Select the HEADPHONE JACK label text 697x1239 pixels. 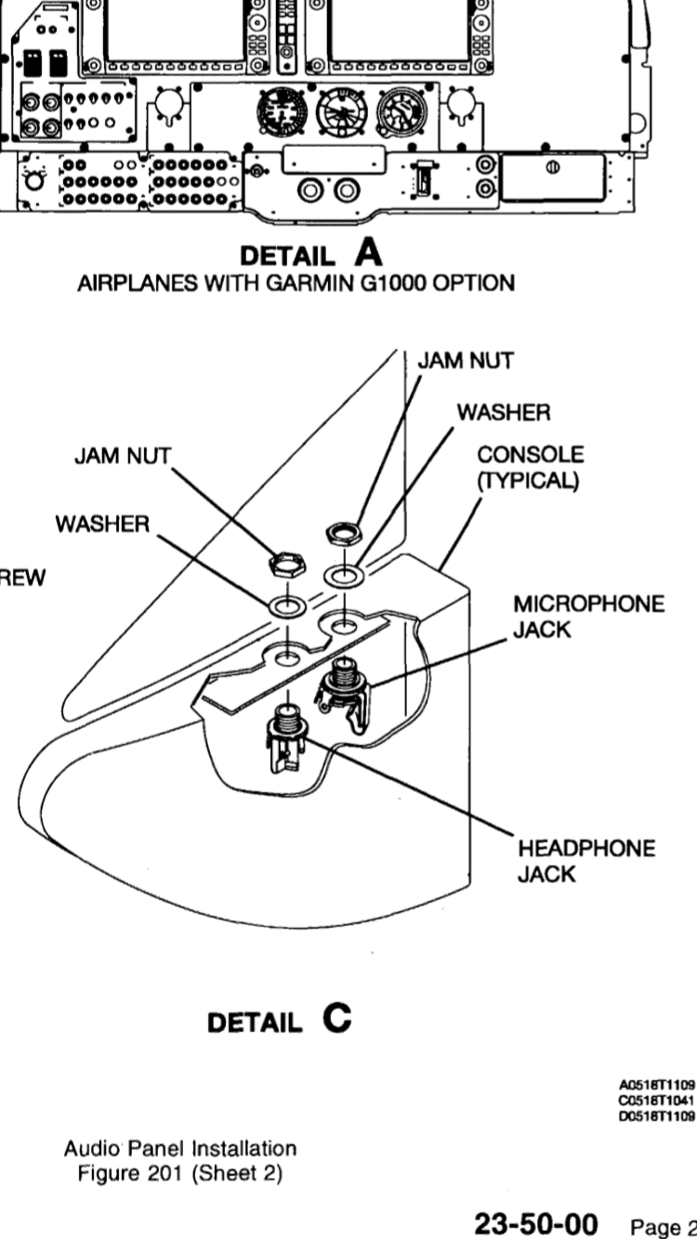[573, 862]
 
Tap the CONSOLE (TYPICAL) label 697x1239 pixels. [531, 470]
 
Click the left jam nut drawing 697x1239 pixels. [284, 562]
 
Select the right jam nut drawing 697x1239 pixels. [342, 533]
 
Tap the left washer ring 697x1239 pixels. [287, 607]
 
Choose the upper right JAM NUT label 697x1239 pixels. [465, 361]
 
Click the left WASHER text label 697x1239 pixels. [101, 525]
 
